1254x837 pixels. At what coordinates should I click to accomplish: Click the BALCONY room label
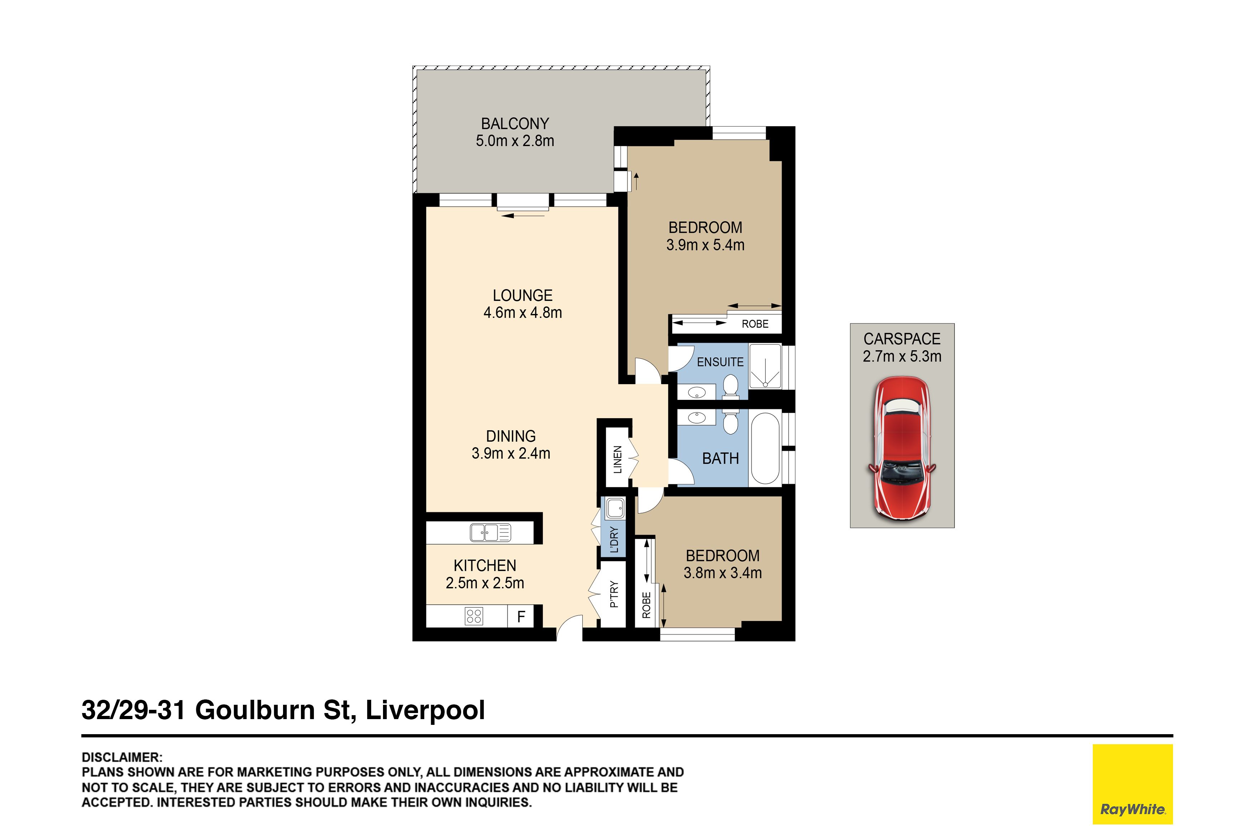(515, 124)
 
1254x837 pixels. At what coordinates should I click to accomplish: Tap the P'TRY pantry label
(614, 594)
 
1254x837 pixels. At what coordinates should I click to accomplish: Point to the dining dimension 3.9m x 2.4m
(511, 453)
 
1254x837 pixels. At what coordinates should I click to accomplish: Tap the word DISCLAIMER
(122, 757)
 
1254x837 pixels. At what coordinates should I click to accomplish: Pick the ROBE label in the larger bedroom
(755, 324)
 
